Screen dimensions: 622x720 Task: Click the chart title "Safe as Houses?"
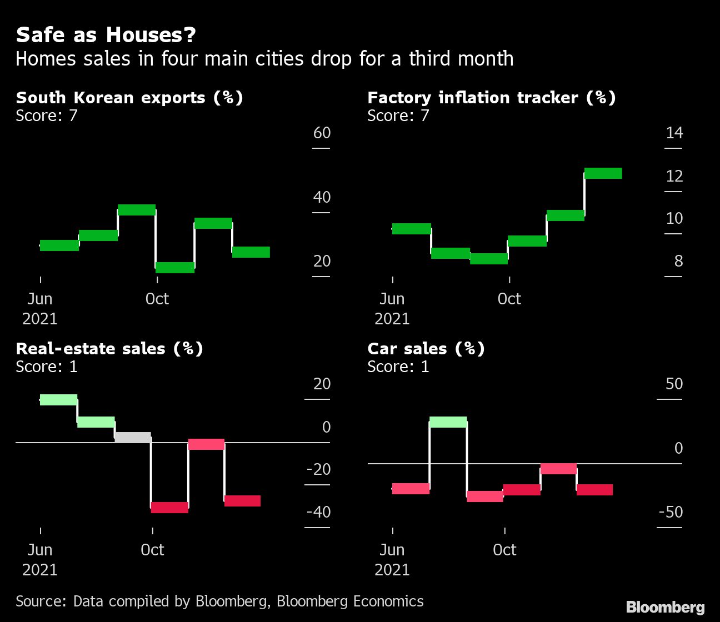click(106, 36)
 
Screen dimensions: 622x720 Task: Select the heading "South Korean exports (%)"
click(129, 98)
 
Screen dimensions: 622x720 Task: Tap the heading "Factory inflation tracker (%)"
click(492, 98)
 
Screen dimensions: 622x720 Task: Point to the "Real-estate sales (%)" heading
click(109, 349)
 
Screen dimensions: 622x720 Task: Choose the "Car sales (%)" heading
click(426, 349)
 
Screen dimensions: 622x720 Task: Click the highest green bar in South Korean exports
click(137, 210)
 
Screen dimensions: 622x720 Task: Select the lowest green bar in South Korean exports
click(175, 268)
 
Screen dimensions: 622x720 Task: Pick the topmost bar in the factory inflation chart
click(603, 173)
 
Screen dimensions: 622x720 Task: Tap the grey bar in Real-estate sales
click(133, 437)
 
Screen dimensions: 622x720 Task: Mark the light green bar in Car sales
click(448, 422)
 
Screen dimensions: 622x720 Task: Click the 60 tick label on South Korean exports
click(322, 133)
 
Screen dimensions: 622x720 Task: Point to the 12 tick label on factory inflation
click(674, 177)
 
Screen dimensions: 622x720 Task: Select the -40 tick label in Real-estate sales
click(318, 512)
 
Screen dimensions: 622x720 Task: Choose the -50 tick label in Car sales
click(670, 512)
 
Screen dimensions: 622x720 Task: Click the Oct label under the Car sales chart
click(504, 550)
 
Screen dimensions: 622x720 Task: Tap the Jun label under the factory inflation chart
click(392, 299)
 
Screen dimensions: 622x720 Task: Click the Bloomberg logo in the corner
click(665, 608)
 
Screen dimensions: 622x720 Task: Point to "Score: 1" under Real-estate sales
click(47, 367)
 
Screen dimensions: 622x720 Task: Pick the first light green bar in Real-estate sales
click(58, 400)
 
